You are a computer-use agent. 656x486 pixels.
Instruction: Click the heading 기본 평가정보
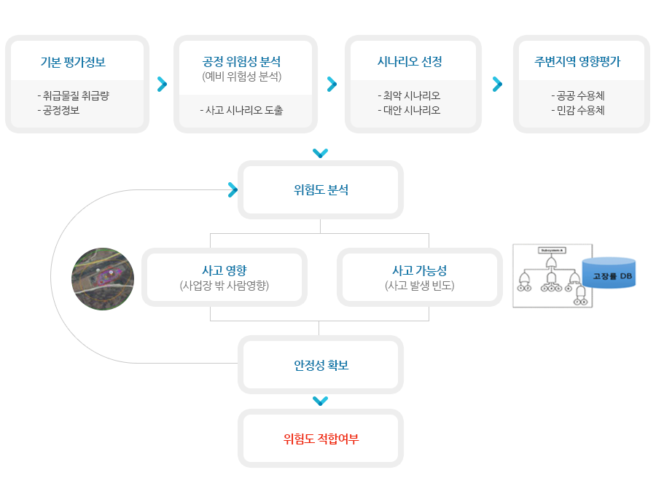73,62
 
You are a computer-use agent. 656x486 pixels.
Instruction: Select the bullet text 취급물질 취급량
75,95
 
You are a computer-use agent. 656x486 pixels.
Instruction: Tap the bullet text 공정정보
60,110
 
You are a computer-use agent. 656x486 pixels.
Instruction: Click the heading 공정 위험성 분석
241,62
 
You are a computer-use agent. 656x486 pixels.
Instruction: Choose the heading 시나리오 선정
410,62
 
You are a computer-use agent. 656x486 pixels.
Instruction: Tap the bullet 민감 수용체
580,110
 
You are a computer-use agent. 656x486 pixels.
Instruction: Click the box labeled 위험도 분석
321,190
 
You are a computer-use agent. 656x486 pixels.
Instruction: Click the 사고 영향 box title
224,271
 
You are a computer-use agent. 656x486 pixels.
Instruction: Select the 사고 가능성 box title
419,271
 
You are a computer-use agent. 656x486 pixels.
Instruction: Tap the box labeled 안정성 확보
321,365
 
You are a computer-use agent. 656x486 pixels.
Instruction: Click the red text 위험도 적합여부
321,439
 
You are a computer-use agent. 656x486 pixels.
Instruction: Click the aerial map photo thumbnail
103,279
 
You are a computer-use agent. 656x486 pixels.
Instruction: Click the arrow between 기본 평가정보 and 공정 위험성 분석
162,85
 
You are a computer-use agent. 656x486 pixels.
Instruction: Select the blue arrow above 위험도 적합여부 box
320,401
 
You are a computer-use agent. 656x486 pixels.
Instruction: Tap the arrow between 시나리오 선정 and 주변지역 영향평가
497,85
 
